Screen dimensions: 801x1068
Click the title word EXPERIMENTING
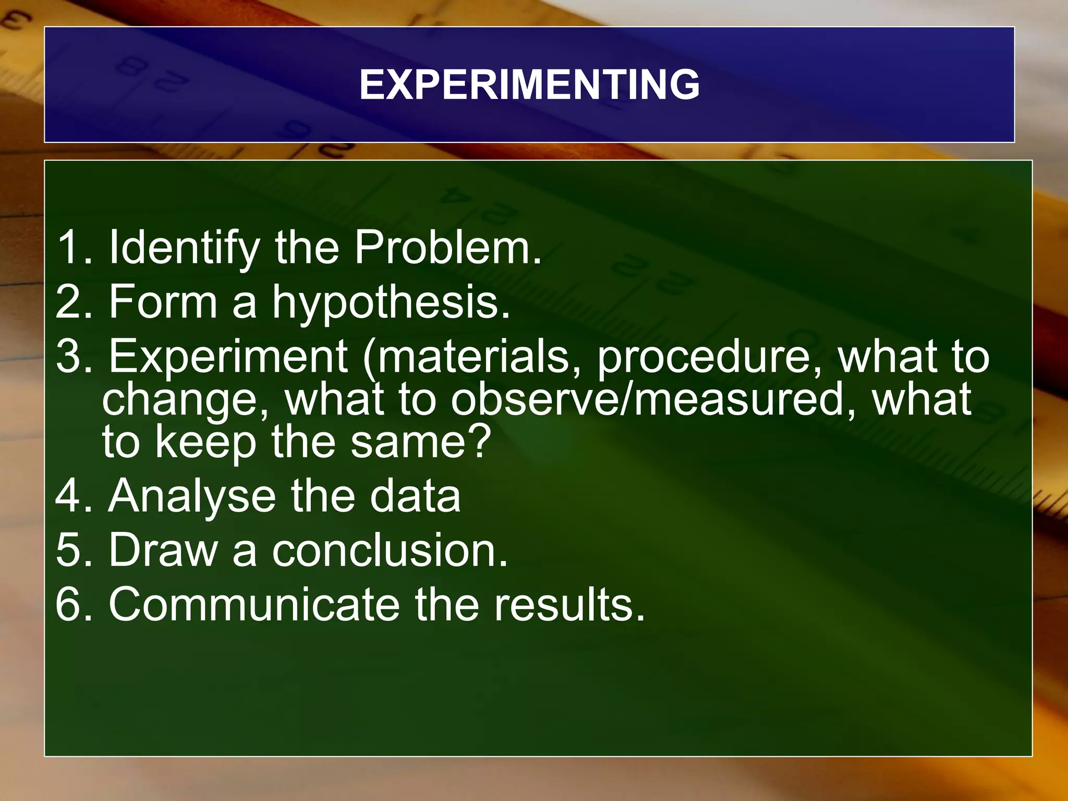pos(529,84)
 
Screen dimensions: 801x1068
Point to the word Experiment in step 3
pos(228,357)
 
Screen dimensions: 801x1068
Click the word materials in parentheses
pos(472,357)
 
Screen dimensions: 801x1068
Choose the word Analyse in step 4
pos(192,497)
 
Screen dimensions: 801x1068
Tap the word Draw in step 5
pos(163,550)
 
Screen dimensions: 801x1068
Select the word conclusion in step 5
pos(390,550)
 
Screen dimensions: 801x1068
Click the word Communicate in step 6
pos(254,604)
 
